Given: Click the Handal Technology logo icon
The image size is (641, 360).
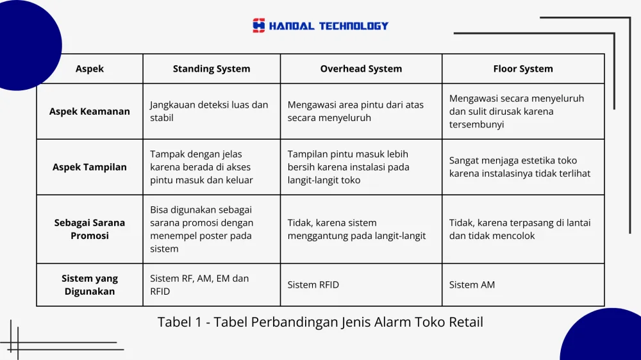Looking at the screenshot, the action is [258, 26].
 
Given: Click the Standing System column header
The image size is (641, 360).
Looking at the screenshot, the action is [212, 69].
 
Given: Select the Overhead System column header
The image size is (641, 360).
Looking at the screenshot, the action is [361, 69].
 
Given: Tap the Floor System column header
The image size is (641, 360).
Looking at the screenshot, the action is [523, 69].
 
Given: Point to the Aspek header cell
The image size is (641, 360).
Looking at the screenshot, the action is [90, 69].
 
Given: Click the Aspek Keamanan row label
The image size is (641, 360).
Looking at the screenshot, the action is [90, 111].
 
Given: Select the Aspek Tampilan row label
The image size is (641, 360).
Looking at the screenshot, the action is [90, 167].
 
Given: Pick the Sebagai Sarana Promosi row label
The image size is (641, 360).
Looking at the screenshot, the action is [90, 229].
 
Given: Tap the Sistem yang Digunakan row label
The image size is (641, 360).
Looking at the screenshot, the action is [90, 285].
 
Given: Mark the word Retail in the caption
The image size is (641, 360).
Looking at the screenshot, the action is [466, 322].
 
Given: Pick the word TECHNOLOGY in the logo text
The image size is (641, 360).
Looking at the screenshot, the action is [354, 26].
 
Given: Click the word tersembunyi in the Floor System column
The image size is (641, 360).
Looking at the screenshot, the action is [477, 125].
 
